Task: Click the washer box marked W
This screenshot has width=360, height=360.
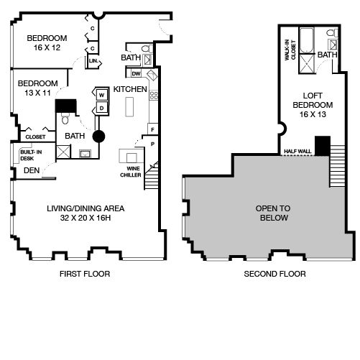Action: (102, 95)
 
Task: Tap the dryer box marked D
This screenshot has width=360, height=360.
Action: (102, 108)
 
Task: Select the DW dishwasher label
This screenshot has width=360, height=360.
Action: (136, 74)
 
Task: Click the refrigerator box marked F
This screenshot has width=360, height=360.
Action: (152, 129)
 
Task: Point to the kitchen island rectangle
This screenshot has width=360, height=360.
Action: (129, 107)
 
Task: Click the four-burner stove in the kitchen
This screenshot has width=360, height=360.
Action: (154, 96)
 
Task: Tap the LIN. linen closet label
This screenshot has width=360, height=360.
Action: (93, 61)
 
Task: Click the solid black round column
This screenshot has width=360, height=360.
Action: (98, 137)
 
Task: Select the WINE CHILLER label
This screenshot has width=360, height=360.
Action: (131, 172)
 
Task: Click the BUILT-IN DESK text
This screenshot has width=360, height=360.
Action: (31, 155)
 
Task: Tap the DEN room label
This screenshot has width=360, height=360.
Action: (32, 170)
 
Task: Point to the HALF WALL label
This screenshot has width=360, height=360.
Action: (297, 152)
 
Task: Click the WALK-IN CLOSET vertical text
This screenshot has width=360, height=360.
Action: (290, 50)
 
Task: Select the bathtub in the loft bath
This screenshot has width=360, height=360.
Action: (307, 41)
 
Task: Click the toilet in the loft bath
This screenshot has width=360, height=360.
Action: (332, 33)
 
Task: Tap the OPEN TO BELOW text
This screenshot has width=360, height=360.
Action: (273, 213)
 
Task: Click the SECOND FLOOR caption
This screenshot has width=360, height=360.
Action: (274, 274)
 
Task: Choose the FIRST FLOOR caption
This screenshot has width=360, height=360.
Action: (85, 274)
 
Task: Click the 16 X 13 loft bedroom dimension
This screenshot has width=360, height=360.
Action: (313, 114)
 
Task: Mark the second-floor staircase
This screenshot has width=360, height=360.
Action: (338, 166)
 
